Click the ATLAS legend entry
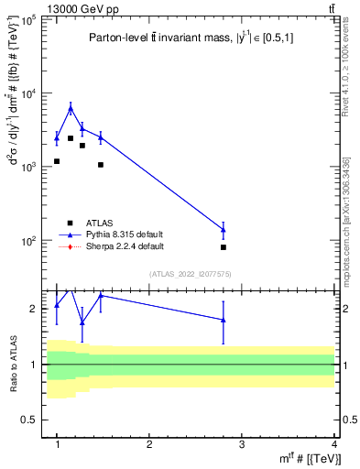click(x=99, y=222)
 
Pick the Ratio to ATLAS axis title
click(x=13, y=365)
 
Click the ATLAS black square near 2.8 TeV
click(x=224, y=247)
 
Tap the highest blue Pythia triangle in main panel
click(x=71, y=108)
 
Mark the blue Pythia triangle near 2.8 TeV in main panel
click(x=224, y=229)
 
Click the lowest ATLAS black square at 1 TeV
click(x=57, y=161)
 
